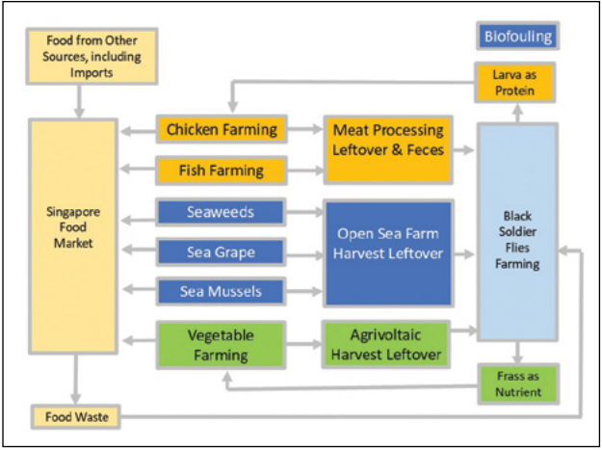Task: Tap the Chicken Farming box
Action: click(x=222, y=129)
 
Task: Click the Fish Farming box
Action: click(x=222, y=171)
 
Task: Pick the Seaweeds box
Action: click(x=222, y=211)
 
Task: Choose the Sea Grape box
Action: click(x=222, y=252)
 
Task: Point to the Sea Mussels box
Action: click(x=222, y=290)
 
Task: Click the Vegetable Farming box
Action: click(x=222, y=344)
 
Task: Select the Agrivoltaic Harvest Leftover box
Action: click(x=388, y=344)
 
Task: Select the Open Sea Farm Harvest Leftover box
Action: click(x=388, y=252)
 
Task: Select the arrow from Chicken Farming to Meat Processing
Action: click(x=306, y=129)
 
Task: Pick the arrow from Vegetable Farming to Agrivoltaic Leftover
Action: click(x=306, y=344)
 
